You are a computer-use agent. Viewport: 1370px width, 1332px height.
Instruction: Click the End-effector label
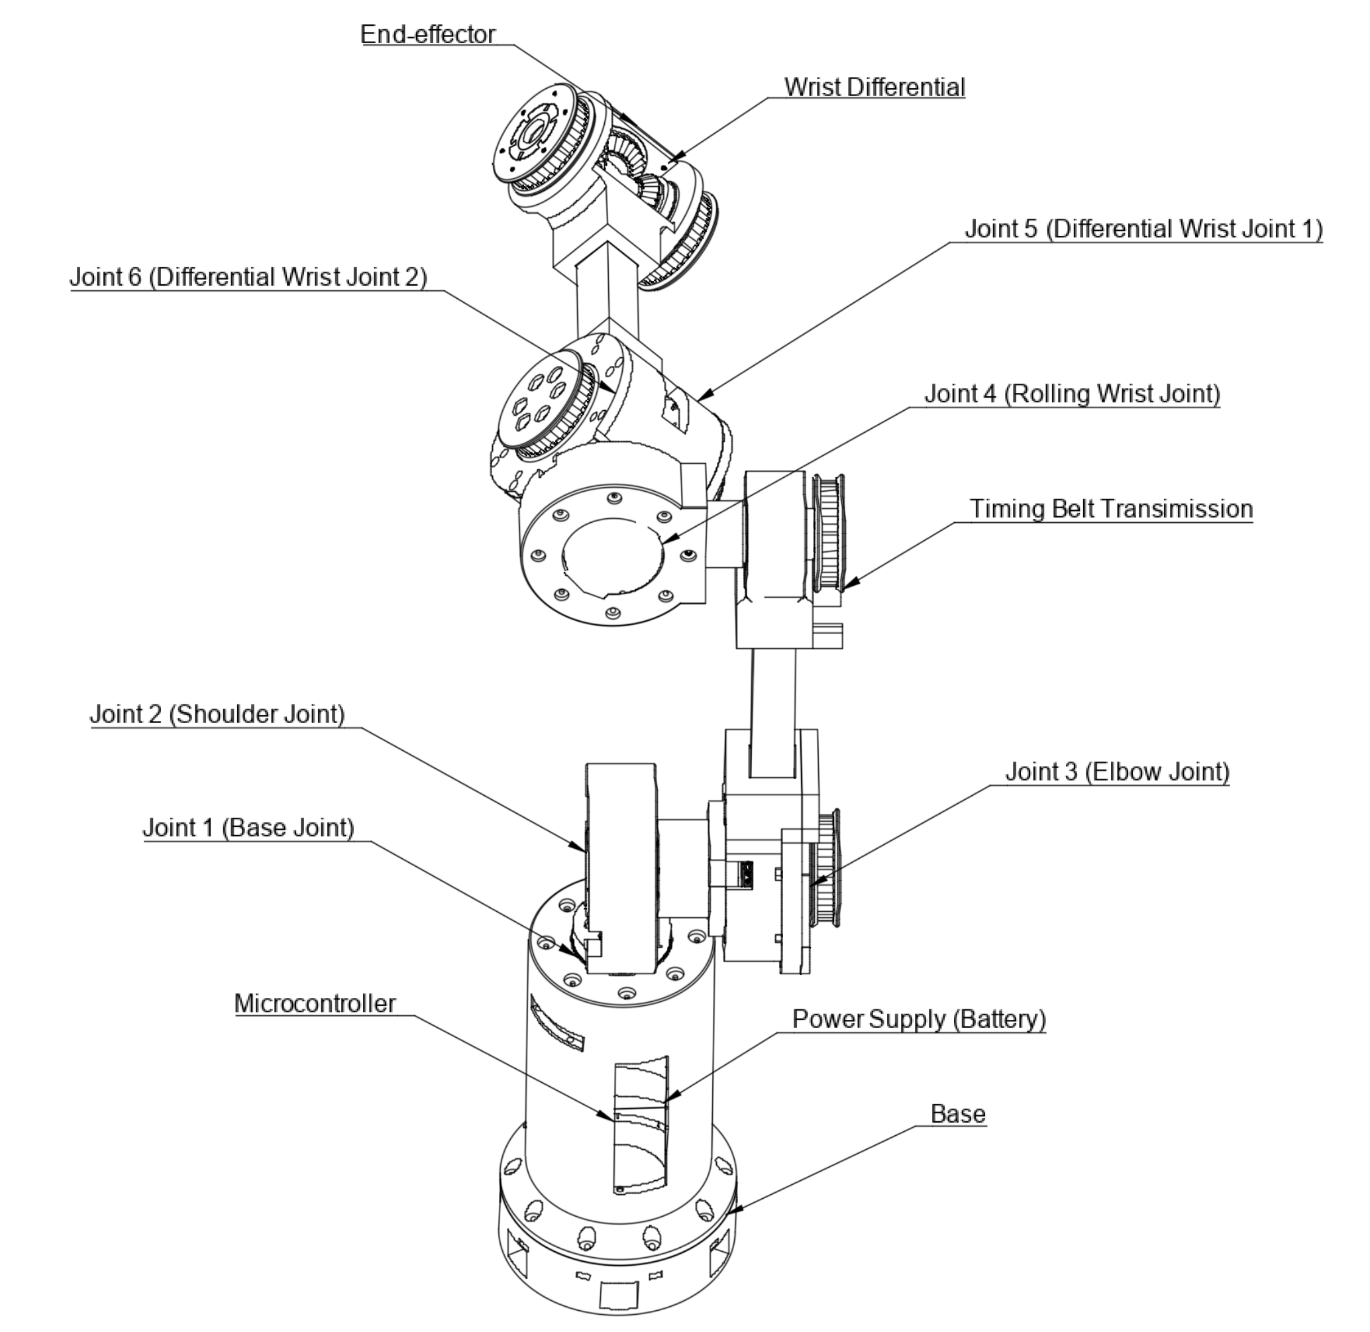point(428,34)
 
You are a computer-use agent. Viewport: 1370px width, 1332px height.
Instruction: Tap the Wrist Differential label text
point(874,87)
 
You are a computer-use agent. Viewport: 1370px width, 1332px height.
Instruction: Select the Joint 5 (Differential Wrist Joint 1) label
point(1144,229)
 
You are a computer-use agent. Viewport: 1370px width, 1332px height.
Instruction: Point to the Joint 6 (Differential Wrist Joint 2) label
point(248,277)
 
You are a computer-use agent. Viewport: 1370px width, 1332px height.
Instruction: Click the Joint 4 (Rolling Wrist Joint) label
point(1072,394)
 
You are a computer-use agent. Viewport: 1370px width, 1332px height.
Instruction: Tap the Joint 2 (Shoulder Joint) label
point(217,714)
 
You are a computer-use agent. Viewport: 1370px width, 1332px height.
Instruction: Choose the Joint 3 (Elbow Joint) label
point(1117,771)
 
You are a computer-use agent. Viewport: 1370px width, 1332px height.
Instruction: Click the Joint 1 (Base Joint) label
point(248,828)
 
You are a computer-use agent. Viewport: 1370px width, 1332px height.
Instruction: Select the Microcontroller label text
point(315,1004)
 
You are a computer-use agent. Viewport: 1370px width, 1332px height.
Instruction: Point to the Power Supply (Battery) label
point(919,1019)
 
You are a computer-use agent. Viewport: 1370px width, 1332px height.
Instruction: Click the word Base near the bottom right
point(958,1114)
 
